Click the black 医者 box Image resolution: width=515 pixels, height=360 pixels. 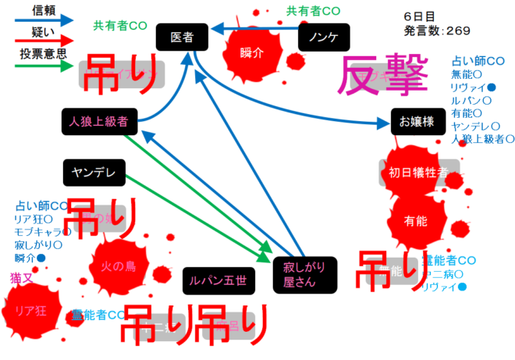183,37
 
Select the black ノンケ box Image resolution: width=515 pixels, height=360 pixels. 323,37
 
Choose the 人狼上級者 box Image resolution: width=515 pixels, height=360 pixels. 98,121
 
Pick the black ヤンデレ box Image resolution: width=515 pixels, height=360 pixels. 94,172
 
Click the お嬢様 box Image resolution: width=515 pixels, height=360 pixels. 416,121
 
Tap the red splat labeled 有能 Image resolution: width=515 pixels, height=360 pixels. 417,221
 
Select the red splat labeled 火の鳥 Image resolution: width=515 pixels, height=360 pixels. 119,266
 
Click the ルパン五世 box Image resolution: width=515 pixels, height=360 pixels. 219,279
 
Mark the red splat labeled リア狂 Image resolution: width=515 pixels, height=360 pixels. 32,310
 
